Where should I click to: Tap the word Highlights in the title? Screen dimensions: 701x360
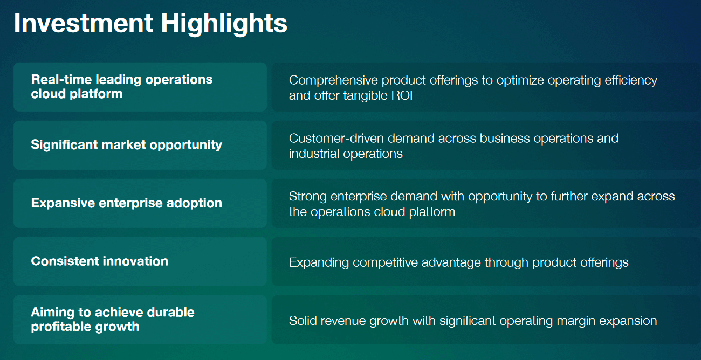(224, 24)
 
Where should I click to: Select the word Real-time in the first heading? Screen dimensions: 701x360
(61, 79)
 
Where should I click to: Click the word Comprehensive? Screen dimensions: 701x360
(333, 81)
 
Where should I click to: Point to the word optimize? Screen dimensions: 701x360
(520, 81)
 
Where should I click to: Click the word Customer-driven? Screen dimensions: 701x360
(336, 139)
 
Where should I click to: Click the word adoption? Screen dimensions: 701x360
(194, 203)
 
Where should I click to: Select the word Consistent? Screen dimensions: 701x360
(65, 261)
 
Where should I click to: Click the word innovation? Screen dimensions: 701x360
(135, 261)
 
